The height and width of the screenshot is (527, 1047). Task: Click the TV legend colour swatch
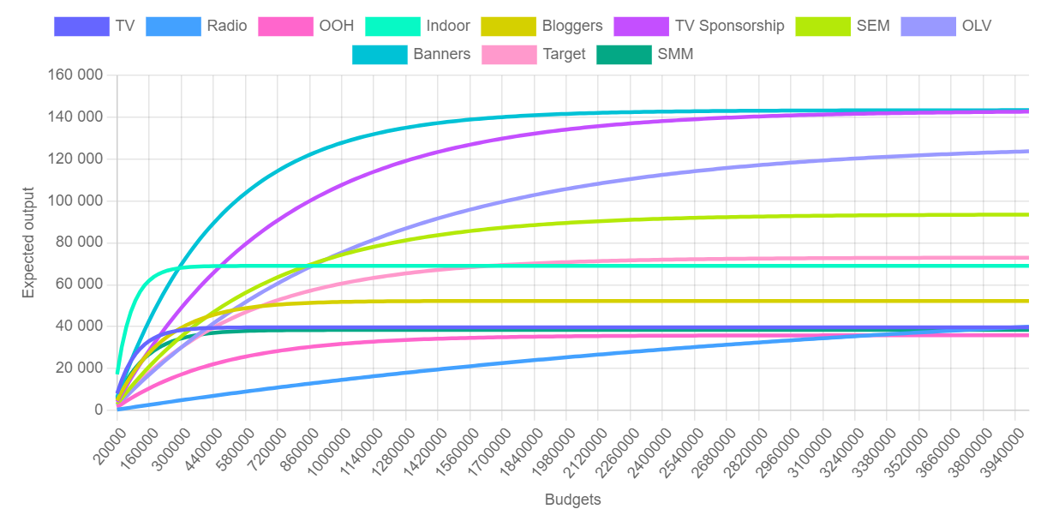[81, 26]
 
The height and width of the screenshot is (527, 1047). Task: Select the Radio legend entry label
[226, 26]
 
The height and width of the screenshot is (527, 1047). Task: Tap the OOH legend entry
[336, 26]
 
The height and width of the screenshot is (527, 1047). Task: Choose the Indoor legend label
[448, 26]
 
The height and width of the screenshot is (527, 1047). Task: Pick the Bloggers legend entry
[571, 26]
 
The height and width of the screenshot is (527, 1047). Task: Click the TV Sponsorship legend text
[729, 26]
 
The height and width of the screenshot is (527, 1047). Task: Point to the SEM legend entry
[873, 26]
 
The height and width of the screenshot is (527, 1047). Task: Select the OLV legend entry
[976, 26]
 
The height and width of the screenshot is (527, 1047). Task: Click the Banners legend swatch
[380, 54]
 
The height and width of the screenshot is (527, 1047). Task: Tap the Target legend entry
[564, 54]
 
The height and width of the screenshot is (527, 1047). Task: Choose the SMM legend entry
[675, 54]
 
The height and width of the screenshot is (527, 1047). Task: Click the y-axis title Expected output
[29, 243]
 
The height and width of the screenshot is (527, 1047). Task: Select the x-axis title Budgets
[572, 500]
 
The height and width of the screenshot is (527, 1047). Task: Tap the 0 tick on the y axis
[99, 410]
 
